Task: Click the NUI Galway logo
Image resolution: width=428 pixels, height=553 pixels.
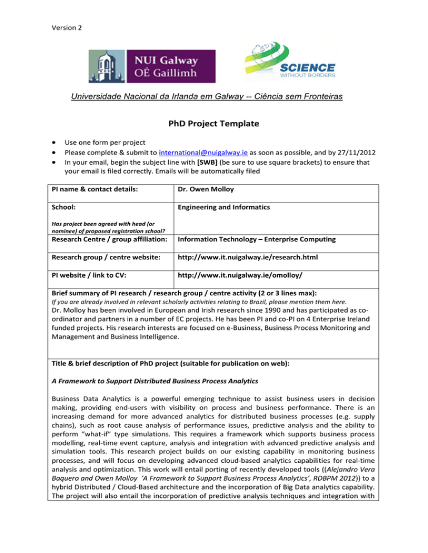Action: (152, 66)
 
